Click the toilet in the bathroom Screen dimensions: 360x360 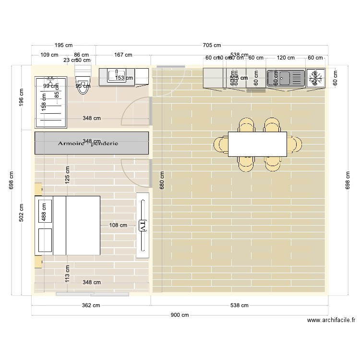click(x=83, y=86)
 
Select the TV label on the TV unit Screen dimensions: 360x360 click(x=142, y=225)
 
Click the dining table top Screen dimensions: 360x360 click(x=257, y=144)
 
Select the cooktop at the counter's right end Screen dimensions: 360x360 click(x=315, y=77)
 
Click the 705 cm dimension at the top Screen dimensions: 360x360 click(x=212, y=46)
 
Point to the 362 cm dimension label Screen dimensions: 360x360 click(x=91, y=305)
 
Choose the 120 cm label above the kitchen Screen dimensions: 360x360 click(x=286, y=58)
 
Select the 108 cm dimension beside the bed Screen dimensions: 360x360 click(x=118, y=225)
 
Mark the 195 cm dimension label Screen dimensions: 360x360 click(x=63, y=46)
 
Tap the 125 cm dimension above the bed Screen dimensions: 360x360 click(x=68, y=175)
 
